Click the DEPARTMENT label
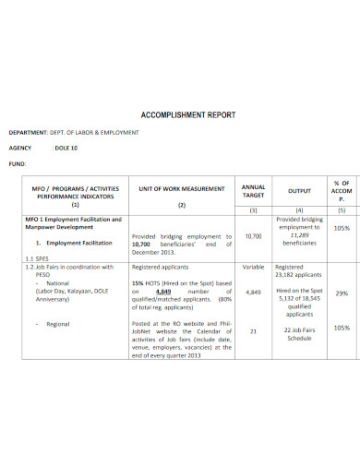(x=31, y=133)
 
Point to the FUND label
(x=18, y=163)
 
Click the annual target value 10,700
(x=253, y=235)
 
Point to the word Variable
(x=253, y=267)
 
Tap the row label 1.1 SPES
(x=37, y=259)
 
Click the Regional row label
(x=58, y=324)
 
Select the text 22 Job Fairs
(x=300, y=329)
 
